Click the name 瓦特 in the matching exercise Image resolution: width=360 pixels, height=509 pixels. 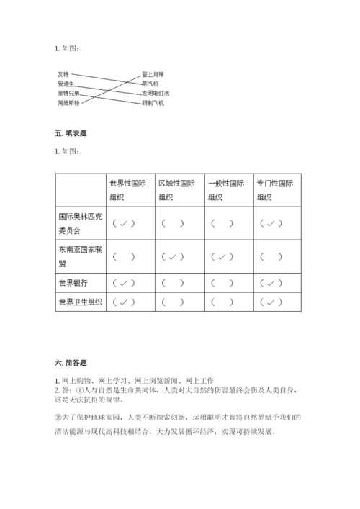point(63,74)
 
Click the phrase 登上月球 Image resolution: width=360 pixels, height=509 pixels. point(153,74)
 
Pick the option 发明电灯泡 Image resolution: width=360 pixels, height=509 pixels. point(156,94)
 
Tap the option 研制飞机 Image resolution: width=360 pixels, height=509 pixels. point(153,103)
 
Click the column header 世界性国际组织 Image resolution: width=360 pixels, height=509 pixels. point(127,190)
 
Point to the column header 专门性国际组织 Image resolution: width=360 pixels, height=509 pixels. point(276,190)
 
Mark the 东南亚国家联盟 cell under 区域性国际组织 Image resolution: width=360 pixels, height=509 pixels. point(176,256)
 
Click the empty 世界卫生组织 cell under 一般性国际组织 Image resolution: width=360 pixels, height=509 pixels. point(226,302)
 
